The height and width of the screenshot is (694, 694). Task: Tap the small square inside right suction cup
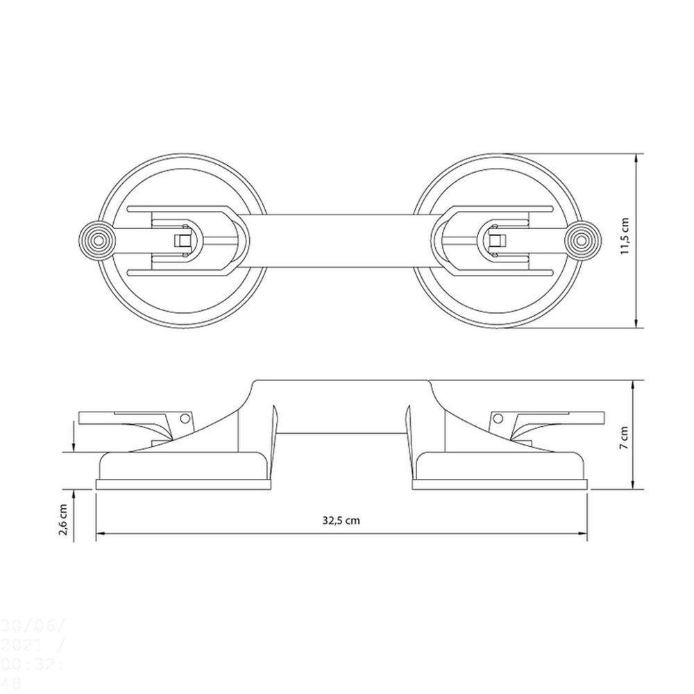(x=496, y=241)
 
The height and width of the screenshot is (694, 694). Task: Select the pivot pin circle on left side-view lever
(x=184, y=418)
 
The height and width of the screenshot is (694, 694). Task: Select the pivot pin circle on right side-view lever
(x=498, y=418)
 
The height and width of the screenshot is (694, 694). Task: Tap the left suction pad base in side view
(x=182, y=484)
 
